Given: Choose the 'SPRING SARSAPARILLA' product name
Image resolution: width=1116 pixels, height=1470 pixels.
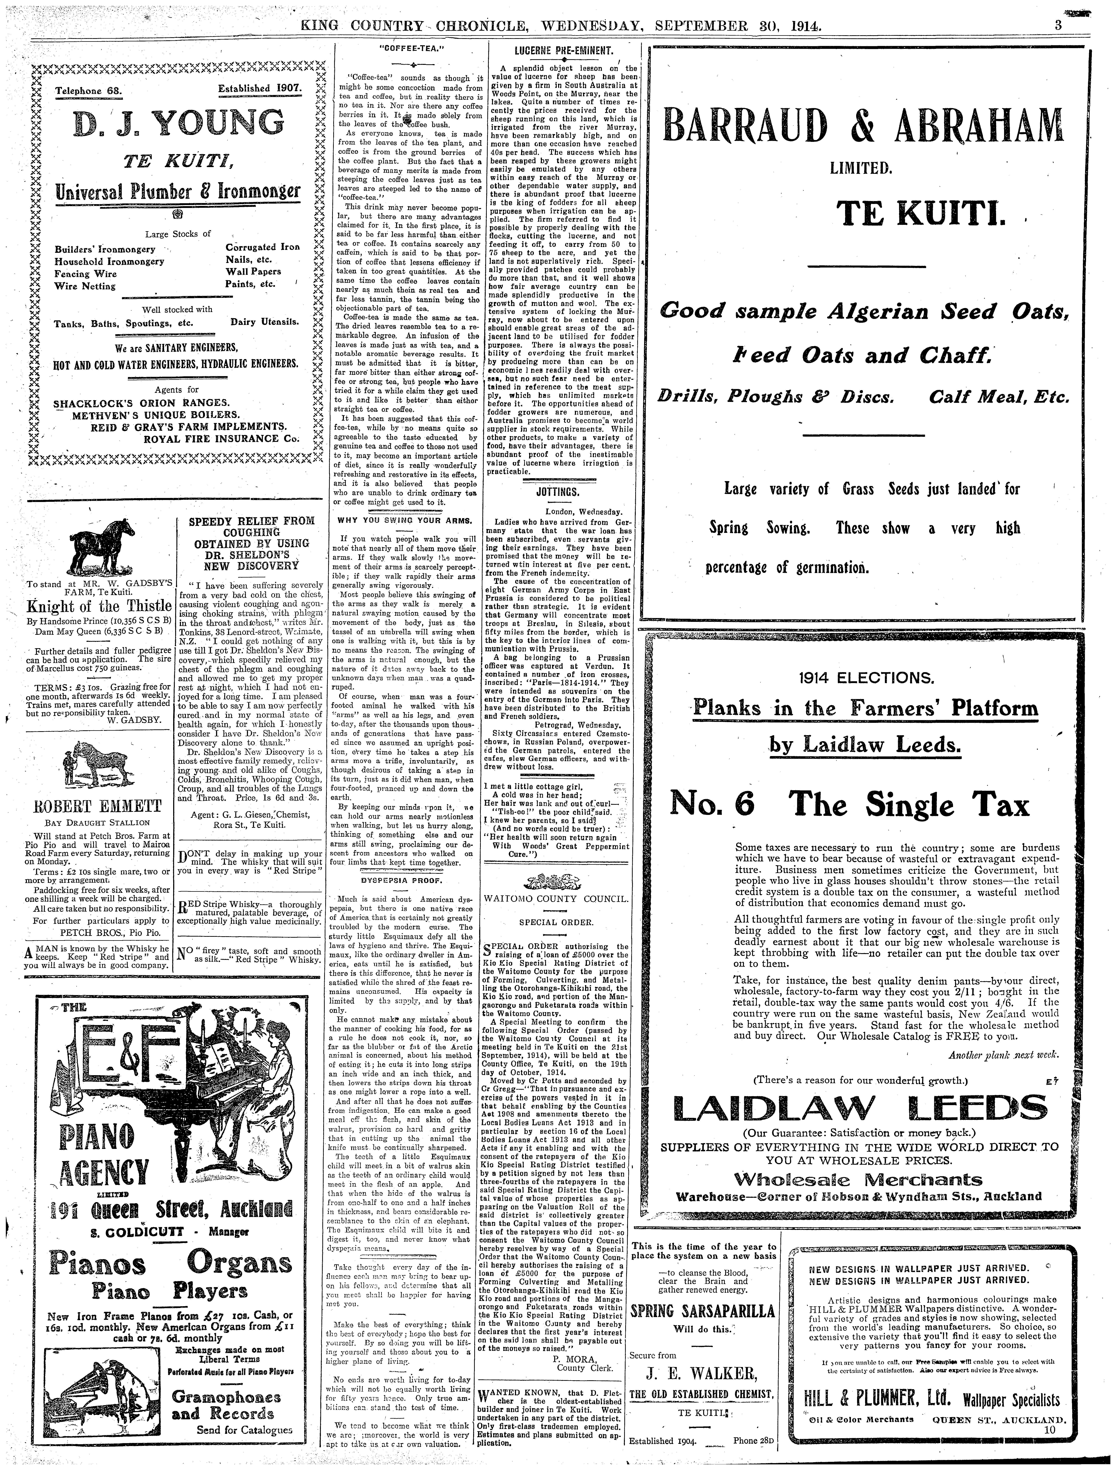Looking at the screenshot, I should pyautogui.click(x=703, y=1311).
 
